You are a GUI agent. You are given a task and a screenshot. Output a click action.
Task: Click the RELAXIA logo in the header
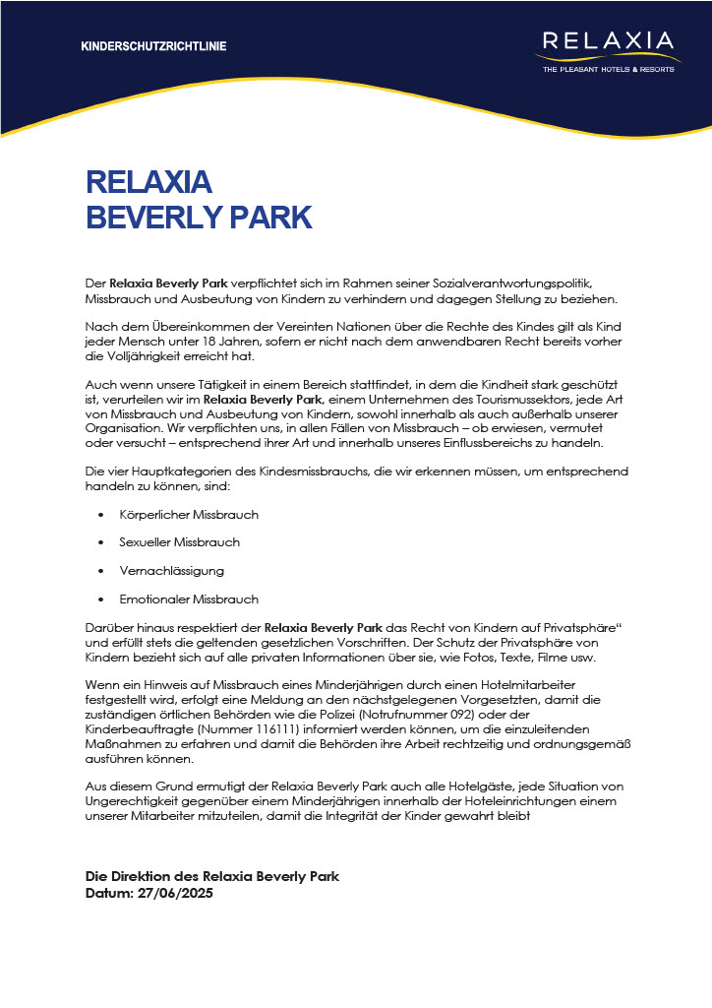[x=608, y=42]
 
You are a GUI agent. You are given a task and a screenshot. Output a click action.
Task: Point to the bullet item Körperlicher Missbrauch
[x=189, y=515]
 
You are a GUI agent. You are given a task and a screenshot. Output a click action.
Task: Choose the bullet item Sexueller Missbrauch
[x=179, y=542]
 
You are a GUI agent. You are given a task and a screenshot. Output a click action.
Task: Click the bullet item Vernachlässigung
[x=172, y=571]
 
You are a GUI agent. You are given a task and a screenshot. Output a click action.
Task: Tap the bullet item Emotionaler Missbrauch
[x=189, y=598]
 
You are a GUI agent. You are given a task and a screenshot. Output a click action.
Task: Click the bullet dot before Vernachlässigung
[x=102, y=571]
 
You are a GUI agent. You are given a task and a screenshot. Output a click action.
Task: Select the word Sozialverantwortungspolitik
[x=531, y=283]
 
